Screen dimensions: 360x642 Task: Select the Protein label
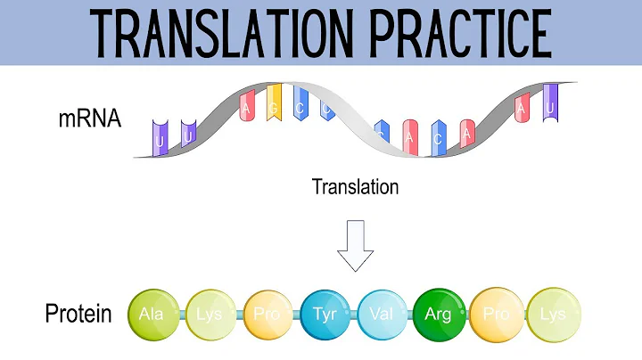pyautogui.click(x=78, y=314)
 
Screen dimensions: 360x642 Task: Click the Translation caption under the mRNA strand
pyautogui.click(x=355, y=187)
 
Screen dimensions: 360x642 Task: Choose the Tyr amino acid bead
pyautogui.click(x=326, y=315)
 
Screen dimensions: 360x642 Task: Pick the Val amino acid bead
pyautogui.click(x=383, y=315)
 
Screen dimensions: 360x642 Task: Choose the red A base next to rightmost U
pyautogui.click(x=523, y=110)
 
